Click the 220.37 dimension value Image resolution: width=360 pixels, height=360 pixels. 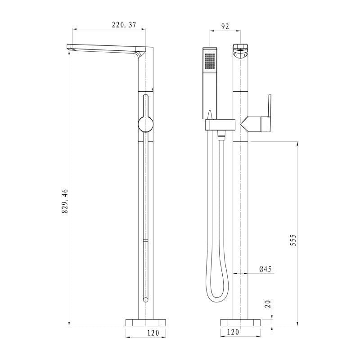pyautogui.click(x=124, y=26)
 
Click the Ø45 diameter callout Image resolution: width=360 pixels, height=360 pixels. pyautogui.click(x=265, y=269)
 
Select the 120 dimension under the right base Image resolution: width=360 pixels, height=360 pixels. pyautogui.click(x=233, y=333)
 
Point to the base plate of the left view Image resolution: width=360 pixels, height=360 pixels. pyautogui.click(x=145, y=322)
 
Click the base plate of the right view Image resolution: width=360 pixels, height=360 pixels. pyautogui.click(x=240, y=322)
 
